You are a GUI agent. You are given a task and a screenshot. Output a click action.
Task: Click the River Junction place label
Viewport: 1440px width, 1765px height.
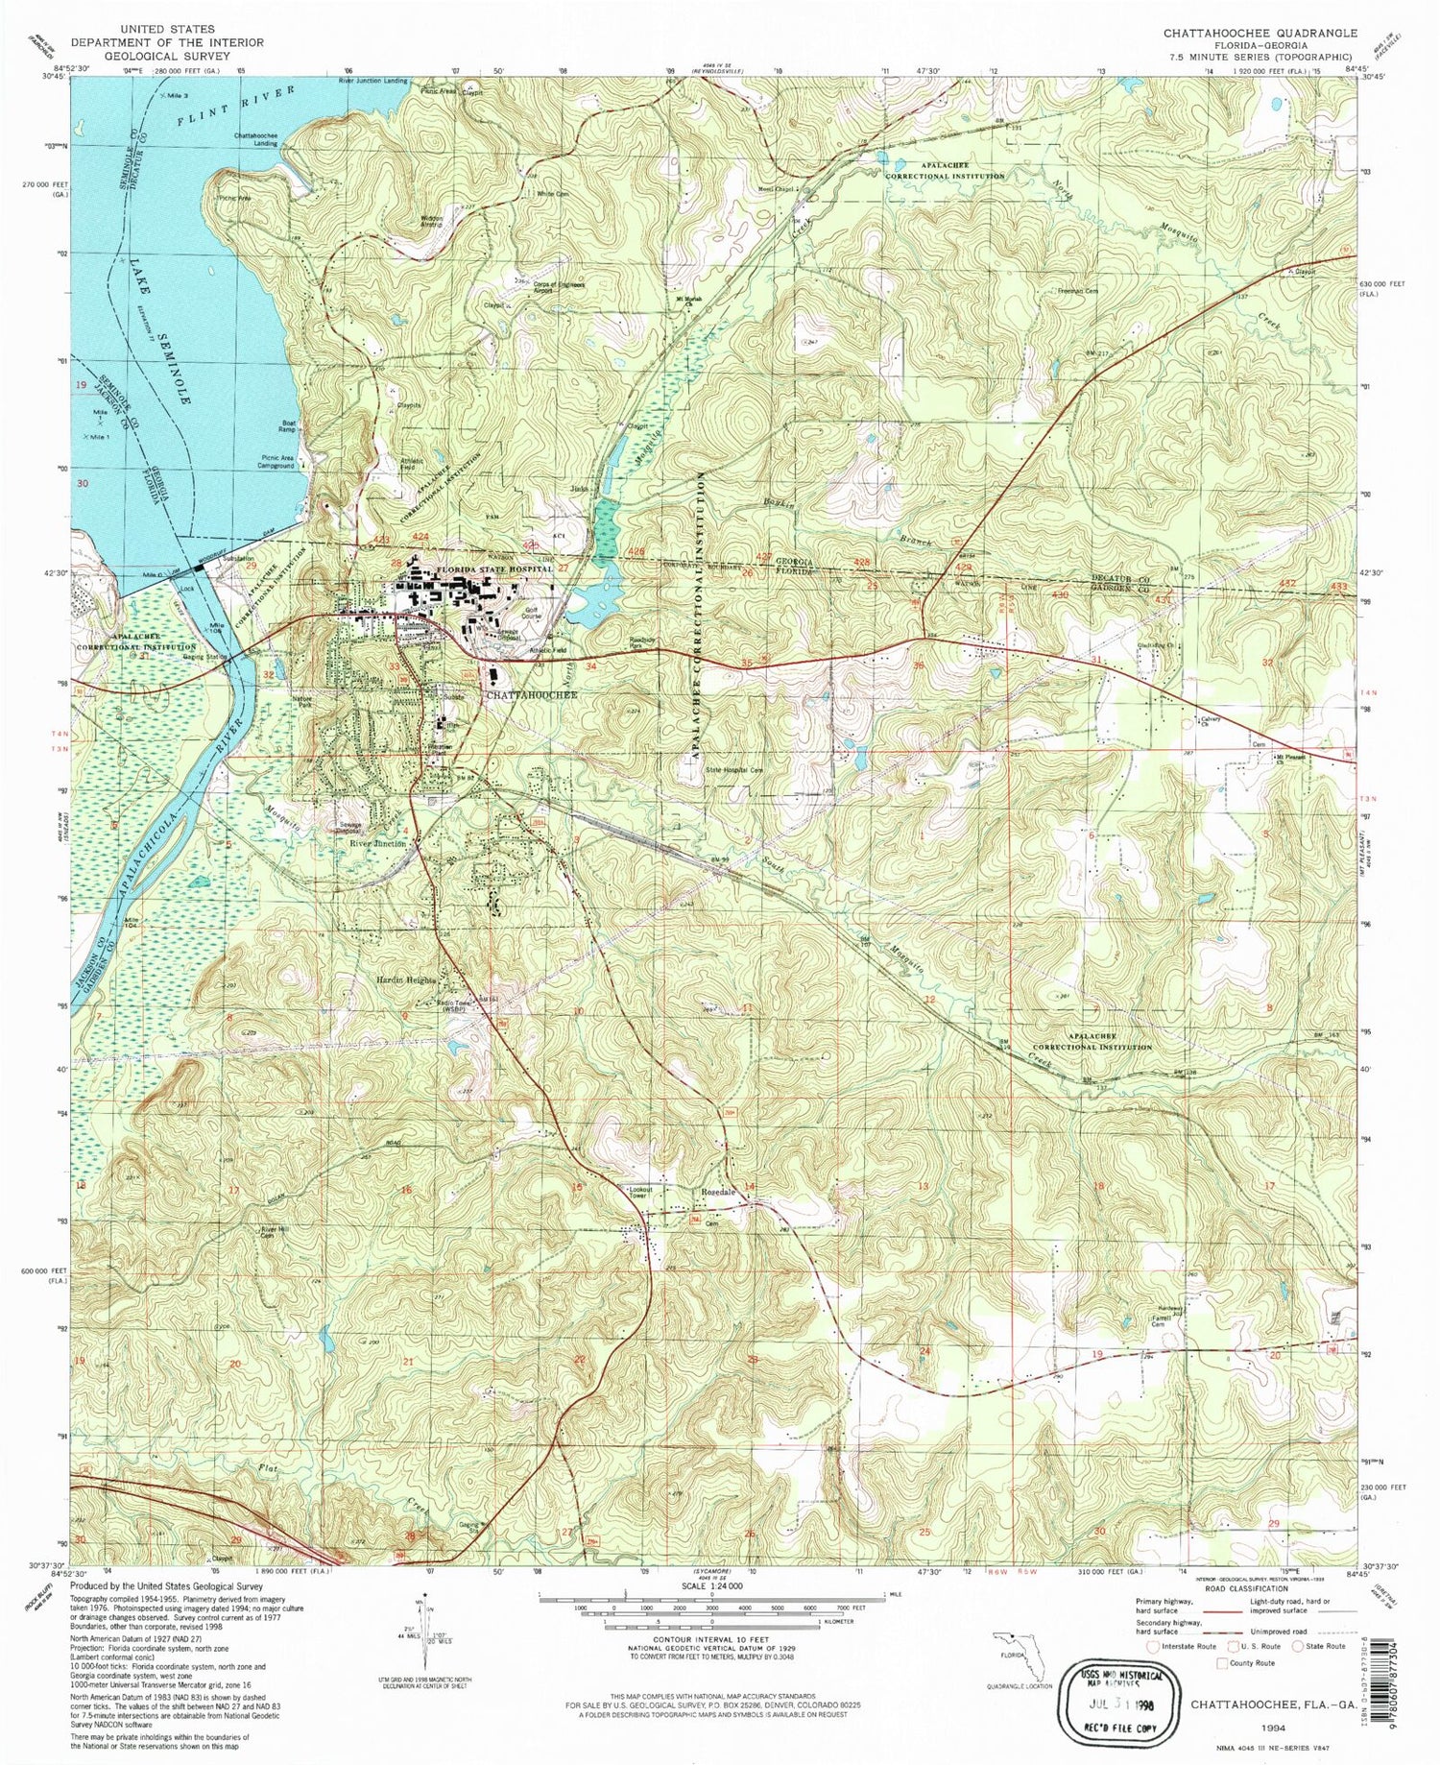(x=377, y=843)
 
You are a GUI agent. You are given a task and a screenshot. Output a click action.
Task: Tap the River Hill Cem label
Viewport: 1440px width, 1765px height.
(x=275, y=1232)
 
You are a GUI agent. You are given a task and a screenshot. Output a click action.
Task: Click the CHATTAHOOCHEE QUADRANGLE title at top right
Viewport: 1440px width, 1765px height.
(x=1260, y=33)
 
